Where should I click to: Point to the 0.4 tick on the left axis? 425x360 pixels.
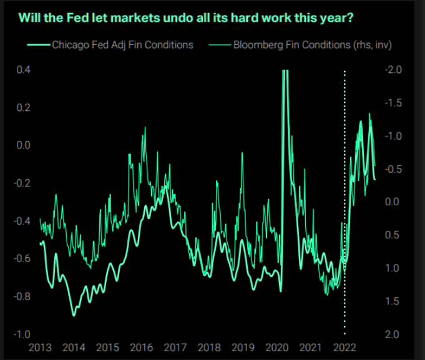click(x=24, y=70)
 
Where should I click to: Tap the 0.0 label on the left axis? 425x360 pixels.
click(x=24, y=145)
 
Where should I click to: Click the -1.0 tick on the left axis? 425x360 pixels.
click(x=22, y=334)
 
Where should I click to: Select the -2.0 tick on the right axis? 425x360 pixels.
click(x=391, y=70)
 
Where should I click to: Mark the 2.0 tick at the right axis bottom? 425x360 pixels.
click(x=393, y=334)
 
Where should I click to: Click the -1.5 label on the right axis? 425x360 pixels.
click(x=391, y=103)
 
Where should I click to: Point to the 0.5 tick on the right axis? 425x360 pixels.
click(x=393, y=235)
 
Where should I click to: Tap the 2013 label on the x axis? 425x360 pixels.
click(x=39, y=348)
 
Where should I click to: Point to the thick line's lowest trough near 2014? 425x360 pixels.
click(x=74, y=314)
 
